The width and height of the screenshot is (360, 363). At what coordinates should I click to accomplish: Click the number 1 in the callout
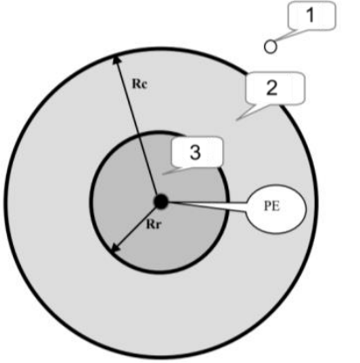[x=310, y=15]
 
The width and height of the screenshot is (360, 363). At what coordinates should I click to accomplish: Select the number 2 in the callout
[x=272, y=88]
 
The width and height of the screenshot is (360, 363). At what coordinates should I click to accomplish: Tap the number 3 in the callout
[x=195, y=152]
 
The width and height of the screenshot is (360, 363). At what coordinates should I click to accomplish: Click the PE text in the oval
[x=272, y=206]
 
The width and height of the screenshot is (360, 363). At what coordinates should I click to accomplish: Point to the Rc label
[x=140, y=84]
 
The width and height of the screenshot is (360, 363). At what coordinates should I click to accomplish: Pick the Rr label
[x=153, y=224]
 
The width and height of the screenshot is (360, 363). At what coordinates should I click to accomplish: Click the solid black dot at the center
[x=161, y=202]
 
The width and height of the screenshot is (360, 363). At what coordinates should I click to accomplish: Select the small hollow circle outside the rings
[x=270, y=47]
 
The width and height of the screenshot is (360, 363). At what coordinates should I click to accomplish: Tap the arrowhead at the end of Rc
[x=116, y=59]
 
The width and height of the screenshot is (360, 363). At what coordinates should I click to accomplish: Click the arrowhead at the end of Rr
[x=116, y=249]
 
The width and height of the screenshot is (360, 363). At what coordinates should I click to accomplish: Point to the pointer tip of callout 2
[x=237, y=120]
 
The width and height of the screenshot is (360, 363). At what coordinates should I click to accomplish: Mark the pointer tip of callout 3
[x=163, y=174]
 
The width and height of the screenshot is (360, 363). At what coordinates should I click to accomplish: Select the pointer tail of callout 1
[x=283, y=36]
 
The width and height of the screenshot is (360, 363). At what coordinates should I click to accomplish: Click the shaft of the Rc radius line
[x=137, y=128]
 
